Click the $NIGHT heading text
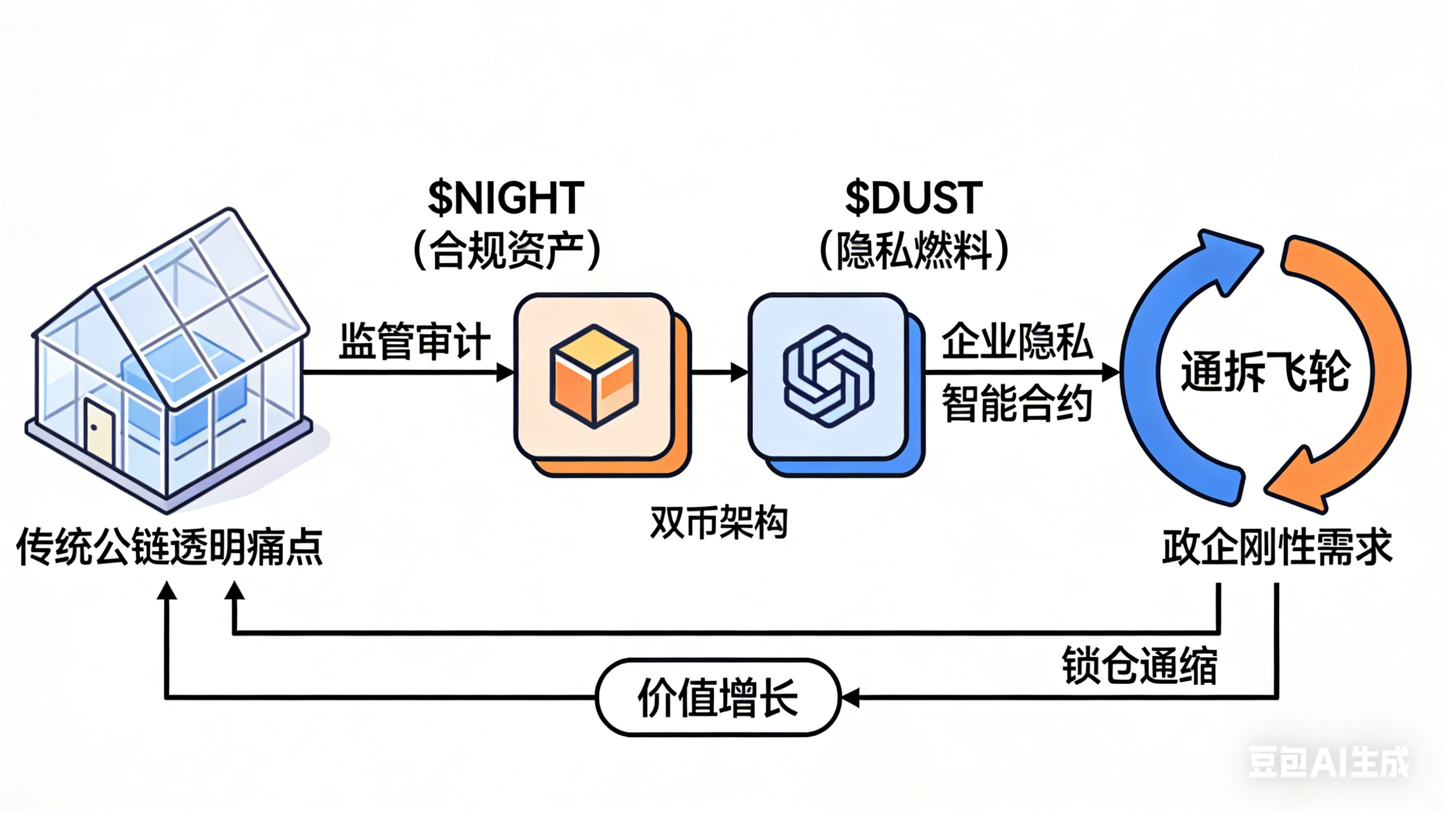click(x=506, y=199)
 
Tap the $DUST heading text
click(x=914, y=199)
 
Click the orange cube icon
click(x=594, y=376)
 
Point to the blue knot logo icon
click(x=828, y=376)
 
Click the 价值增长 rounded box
click(x=718, y=698)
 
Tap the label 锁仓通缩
click(x=1139, y=666)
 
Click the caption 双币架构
click(x=719, y=522)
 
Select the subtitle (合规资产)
click(x=507, y=251)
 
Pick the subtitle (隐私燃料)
click(x=914, y=251)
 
